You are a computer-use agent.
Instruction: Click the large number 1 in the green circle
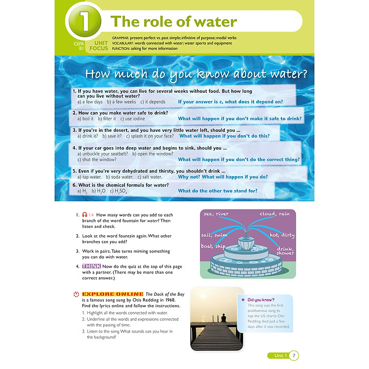[84, 21]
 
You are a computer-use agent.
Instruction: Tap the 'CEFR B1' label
[79, 46]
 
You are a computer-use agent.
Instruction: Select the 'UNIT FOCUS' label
[99, 46]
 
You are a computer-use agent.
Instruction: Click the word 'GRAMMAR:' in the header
[120, 38]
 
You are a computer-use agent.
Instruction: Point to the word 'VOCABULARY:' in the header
[123, 43]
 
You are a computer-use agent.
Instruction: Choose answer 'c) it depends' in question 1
[153, 102]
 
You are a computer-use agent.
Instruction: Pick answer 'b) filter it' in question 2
[107, 119]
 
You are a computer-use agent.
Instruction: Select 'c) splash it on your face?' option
[150, 136]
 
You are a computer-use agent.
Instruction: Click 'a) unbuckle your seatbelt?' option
[103, 154]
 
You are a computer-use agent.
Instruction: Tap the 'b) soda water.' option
[120, 177]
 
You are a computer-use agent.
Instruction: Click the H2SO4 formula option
[119, 191]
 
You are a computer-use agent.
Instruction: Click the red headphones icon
[85, 215]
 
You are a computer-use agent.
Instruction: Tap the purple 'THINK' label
[92, 266]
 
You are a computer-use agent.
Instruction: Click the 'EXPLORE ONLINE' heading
[113, 294]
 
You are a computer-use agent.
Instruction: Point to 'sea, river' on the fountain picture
[216, 214]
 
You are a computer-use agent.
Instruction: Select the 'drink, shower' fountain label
[285, 251]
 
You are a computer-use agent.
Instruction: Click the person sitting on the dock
[223, 318]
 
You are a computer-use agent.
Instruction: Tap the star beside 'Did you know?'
[243, 300]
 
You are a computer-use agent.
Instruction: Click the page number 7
[294, 356]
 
